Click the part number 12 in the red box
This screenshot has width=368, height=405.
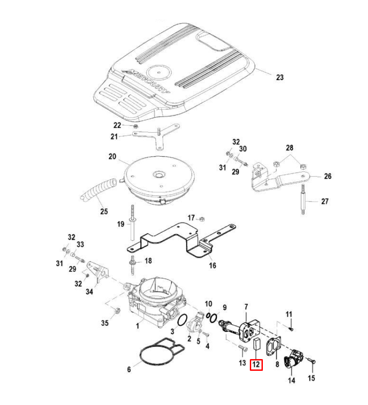click(x=256, y=364)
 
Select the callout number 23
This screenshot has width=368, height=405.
click(x=279, y=77)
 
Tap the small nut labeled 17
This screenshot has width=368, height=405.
click(x=202, y=219)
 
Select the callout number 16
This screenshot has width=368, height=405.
click(x=213, y=265)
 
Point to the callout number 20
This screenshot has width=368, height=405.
click(x=112, y=157)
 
